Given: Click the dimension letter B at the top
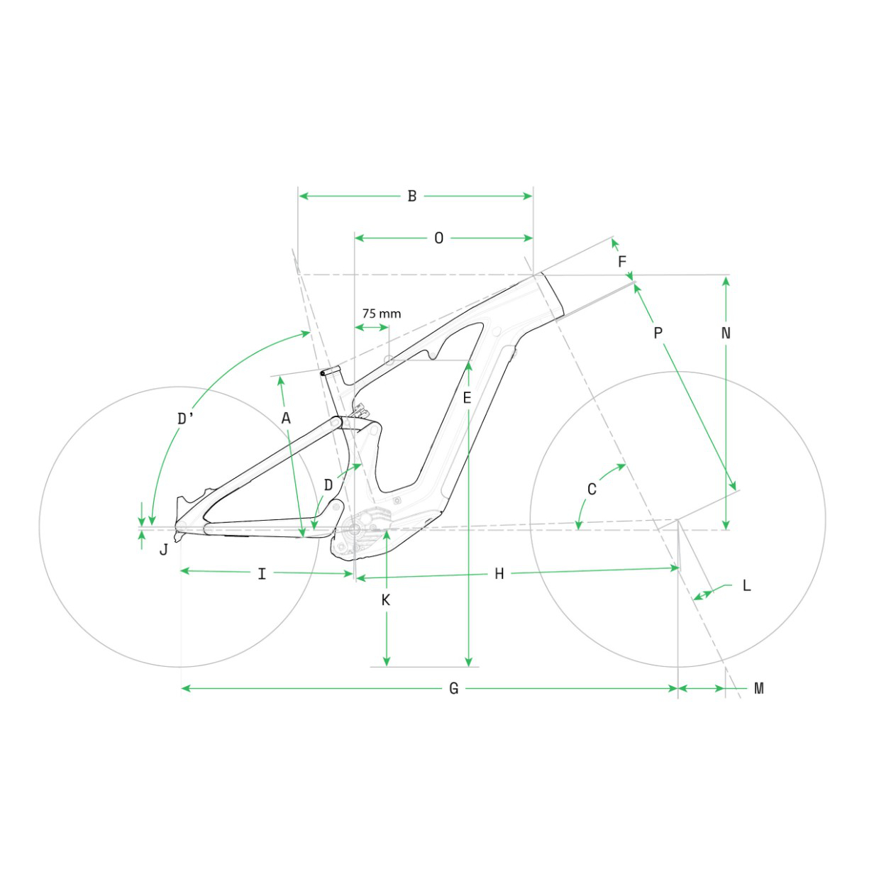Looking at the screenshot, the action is pos(412,196).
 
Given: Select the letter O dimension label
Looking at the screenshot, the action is pos(438,238).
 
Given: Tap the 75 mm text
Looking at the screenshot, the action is pos(382,314).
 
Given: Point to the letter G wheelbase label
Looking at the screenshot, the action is pos(453,689).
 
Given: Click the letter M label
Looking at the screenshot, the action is pos(759,689).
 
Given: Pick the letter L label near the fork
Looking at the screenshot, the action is pos(747,585).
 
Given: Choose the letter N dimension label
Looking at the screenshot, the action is pos(726,333).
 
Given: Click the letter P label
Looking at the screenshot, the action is pos(658,333).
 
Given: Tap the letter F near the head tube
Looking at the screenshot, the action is pos(622,261).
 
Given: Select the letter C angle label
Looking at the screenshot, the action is pos(592,489).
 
